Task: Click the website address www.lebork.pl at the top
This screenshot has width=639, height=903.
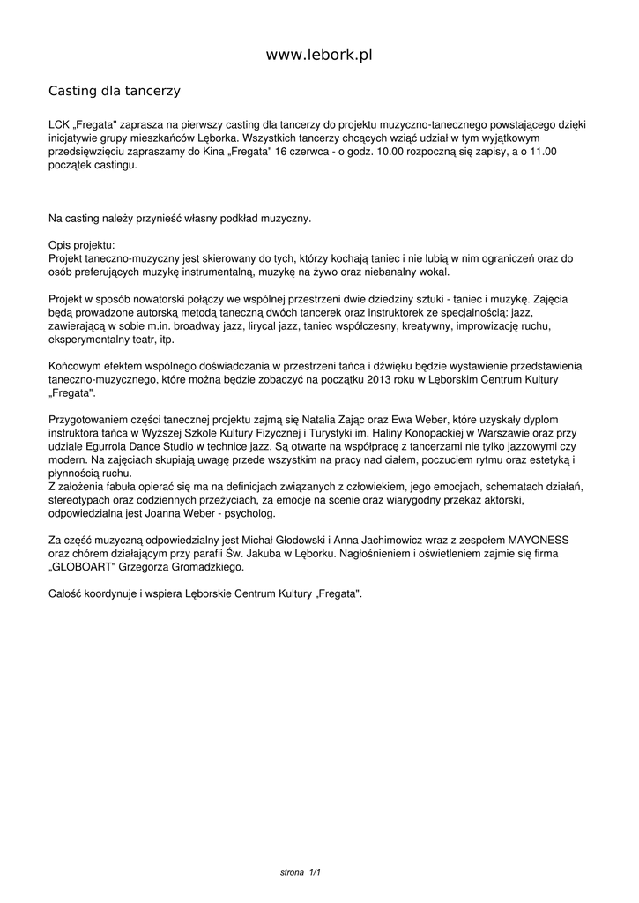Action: click(x=319, y=55)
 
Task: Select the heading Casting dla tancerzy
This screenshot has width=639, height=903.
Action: click(x=114, y=90)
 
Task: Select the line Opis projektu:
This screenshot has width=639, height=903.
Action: click(x=81, y=245)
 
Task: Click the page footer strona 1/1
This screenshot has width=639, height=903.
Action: click(x=300, y=872)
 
